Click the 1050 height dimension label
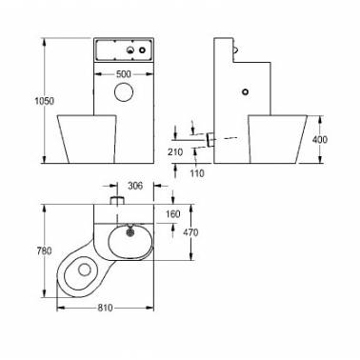(44, 101)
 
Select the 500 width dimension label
(124, 74)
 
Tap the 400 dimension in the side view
(320, 139)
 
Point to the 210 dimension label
(175, 152)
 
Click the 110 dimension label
(197, 173)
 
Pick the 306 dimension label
(135, 186)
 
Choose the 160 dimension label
(172, 214)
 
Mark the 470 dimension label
(190, 232)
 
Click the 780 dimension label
(44, 250)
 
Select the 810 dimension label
(105, 308)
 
